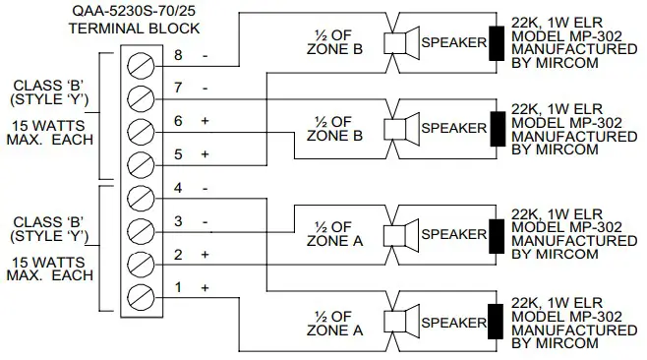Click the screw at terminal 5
click(143, 161)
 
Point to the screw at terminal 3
click(143, 228)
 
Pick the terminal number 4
click(177, 188)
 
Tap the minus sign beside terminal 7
click(205, 89)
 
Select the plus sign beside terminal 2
click(205, 254)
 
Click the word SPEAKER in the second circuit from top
click(452, 128)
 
